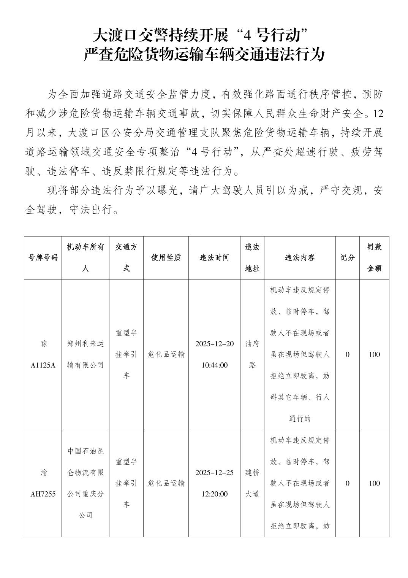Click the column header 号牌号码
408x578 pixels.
[x=43, y=258]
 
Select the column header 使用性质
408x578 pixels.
[x=166, y=258]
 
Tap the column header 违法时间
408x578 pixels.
[x=214, y=258]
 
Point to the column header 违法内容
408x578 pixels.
[x=300, y=258]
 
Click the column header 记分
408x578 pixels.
[x=347, y=258]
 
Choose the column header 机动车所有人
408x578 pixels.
[x=85, y=258]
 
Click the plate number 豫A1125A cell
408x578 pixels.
[x=43, y=354]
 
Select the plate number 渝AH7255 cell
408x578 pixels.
[x=43, y=483]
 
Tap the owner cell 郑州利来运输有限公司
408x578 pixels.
[x=85, y=354]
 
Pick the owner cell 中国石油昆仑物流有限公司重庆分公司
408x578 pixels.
[x=85, y=483]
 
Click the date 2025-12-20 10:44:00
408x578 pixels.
[x=214, y=354]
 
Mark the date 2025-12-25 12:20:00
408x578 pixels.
[x=214, y=483]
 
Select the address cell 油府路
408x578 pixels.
[x=252, y=354]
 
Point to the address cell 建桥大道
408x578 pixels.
[x=252, y=483]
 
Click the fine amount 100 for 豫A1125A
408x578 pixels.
[x=374, y=354]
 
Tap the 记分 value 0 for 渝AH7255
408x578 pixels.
[x=347, y=483]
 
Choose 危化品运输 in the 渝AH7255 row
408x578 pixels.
[x=166, y=483]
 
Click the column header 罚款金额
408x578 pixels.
[x=374, y=258]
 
